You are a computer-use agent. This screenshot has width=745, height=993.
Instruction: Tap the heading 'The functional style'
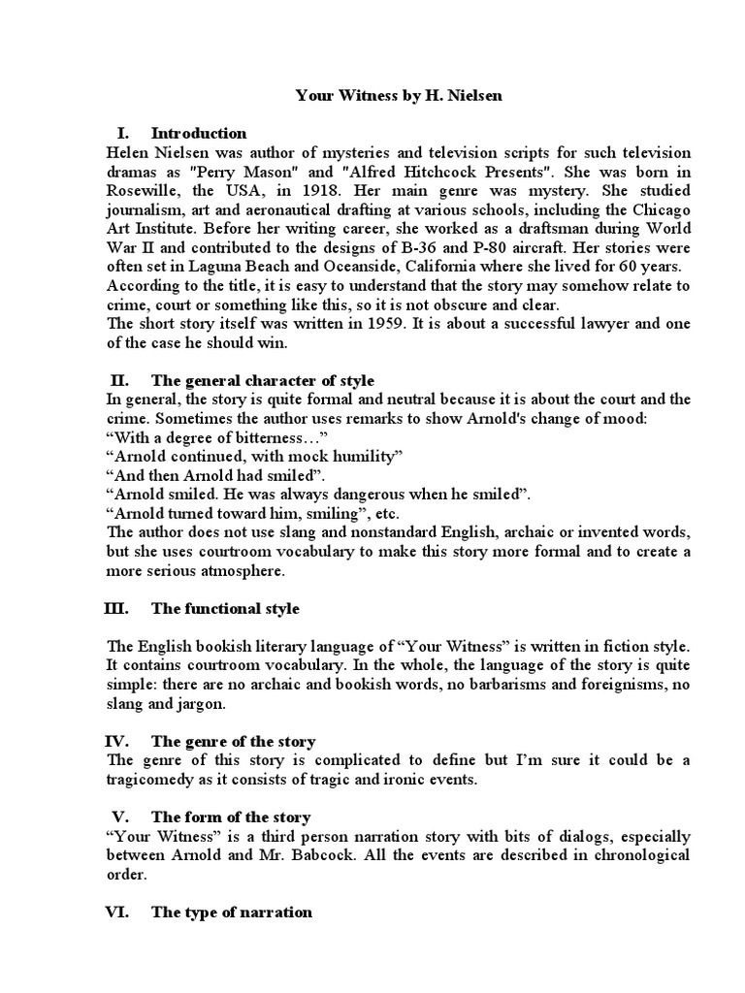pos(225,608)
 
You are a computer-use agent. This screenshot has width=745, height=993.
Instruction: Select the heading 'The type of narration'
pos(232,912)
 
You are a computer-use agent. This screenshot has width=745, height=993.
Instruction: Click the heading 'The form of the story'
pos(231,817)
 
